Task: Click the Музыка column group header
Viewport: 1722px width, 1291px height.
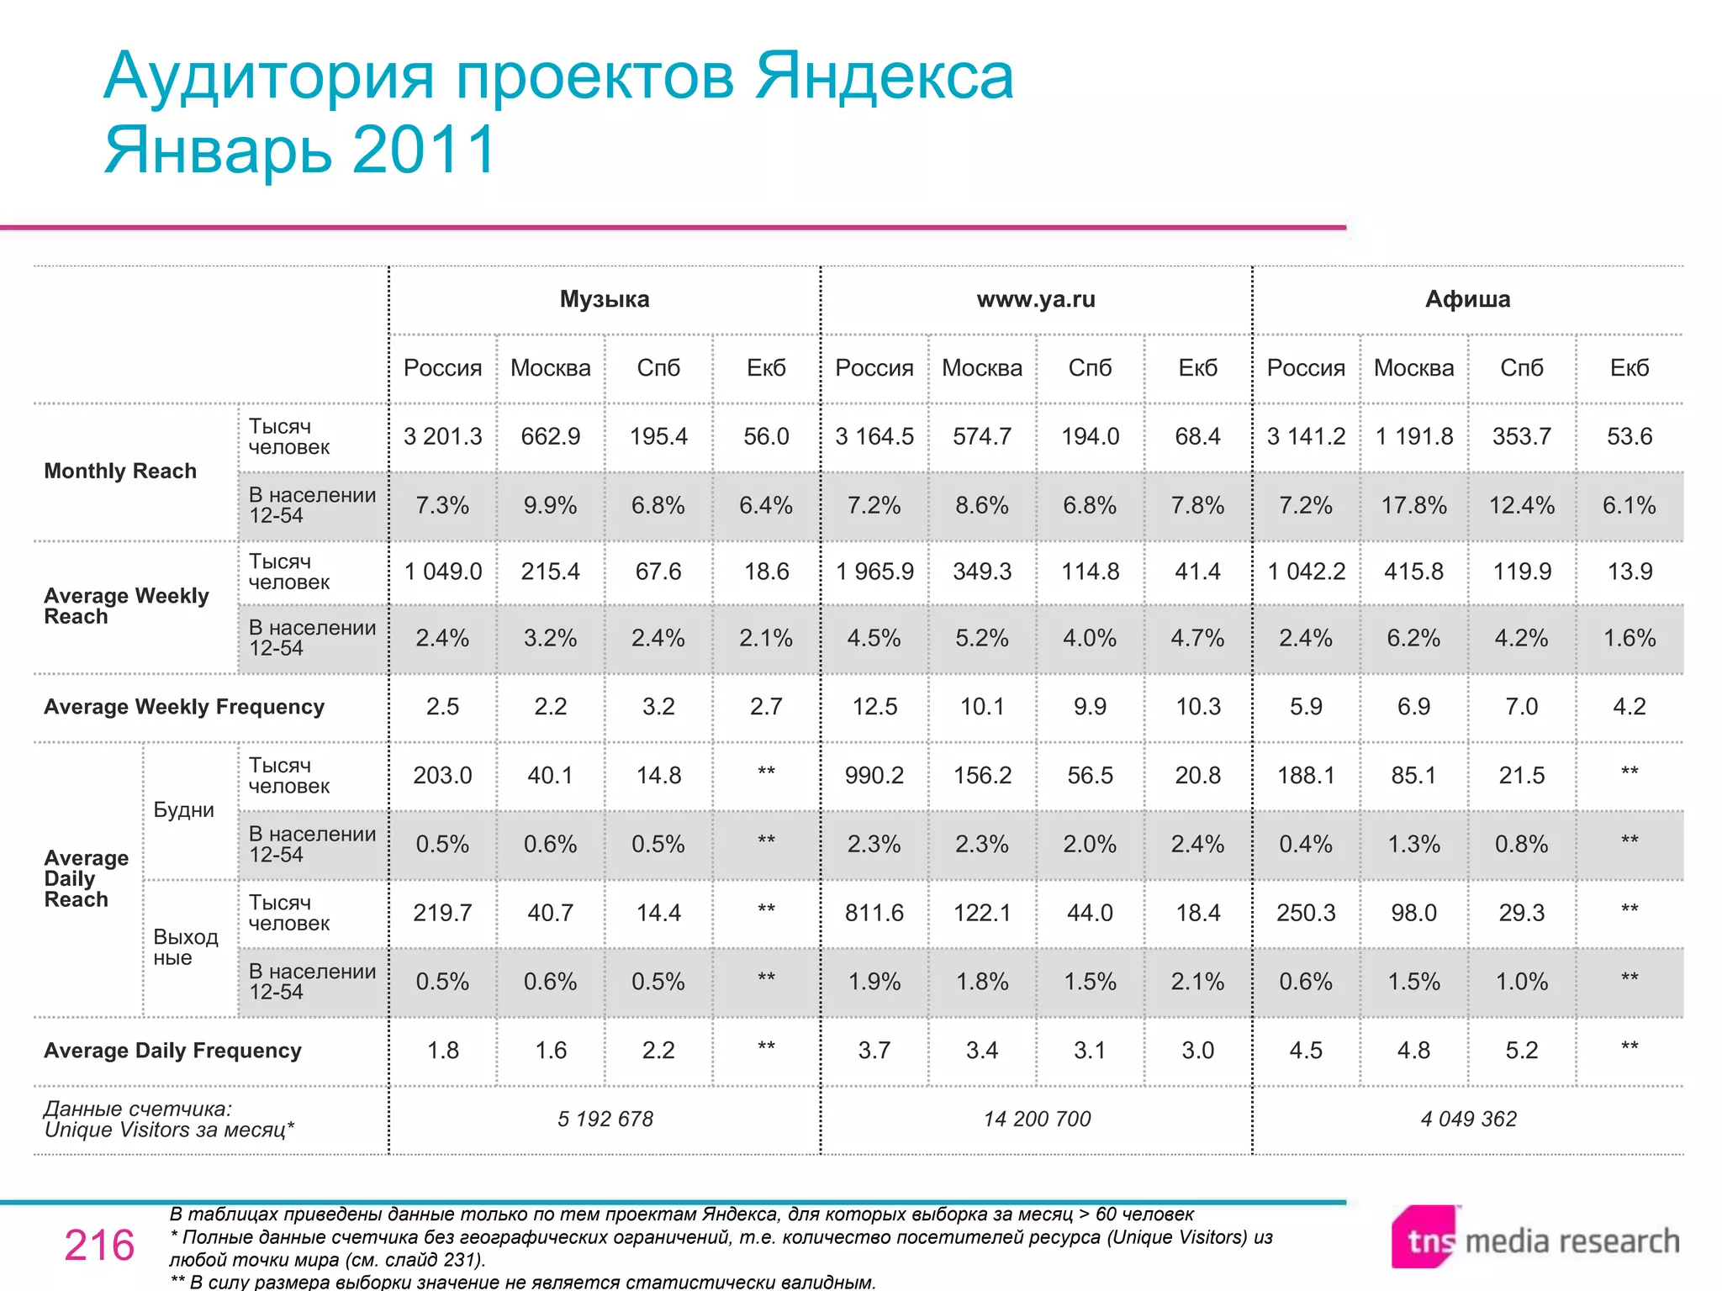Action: pos(605,299)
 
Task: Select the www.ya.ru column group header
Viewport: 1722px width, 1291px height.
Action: pos(1036,299)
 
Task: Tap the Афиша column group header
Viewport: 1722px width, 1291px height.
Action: pos(1467,299)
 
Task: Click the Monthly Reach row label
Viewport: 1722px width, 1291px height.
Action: pos(120,471)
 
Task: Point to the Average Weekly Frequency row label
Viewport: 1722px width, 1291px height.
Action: pos(184,707)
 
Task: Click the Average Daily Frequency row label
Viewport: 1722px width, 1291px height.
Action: pos(172,1051)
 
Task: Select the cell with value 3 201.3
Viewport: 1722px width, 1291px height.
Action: pos(442,436)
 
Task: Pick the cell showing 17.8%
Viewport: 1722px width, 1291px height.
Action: pos(1413,505)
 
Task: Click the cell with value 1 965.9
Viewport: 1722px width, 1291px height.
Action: pos(874,572)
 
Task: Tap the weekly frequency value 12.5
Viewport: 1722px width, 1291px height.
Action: pos(874,707)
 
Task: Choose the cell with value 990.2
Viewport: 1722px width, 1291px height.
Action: pos(874,775)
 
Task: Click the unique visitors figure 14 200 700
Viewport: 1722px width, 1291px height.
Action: pos(1037,1119)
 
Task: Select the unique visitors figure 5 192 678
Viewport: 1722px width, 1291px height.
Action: pos(605,1119)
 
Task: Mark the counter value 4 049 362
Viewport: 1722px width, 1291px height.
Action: pos(1468,1119)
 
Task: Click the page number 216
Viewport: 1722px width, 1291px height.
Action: pos(99,1245)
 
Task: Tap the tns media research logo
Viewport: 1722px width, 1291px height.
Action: pos(1535,1239)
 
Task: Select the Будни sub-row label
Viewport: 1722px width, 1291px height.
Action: pos(184,810)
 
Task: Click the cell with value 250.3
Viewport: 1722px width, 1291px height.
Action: pos(1306,913)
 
